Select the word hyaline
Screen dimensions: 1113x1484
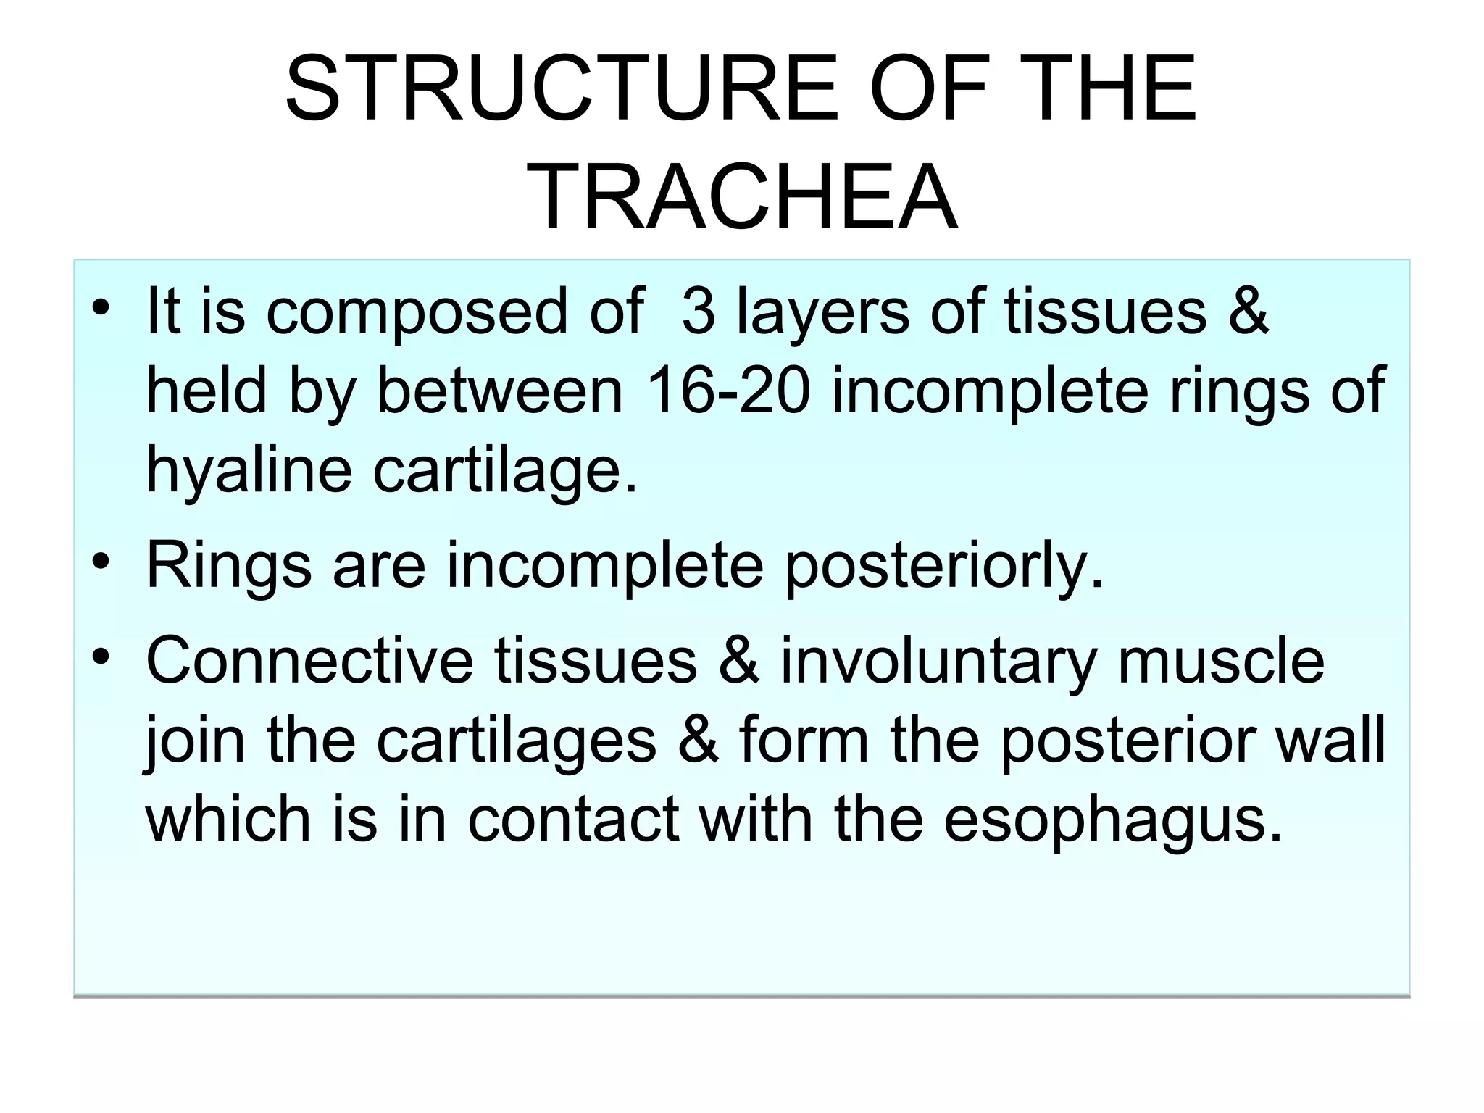(249, 471)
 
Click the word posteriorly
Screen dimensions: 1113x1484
(944, 565)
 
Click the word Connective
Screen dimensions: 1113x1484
(310, 661)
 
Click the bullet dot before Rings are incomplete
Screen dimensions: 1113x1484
(101, 562)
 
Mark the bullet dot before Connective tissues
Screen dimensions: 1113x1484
(101, 656)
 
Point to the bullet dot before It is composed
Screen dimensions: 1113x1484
(101, 307)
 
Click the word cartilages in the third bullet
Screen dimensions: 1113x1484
(516, 741)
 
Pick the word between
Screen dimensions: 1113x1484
(500, 391)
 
